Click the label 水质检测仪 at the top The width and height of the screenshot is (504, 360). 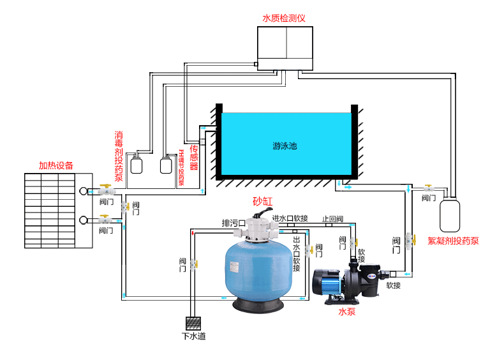coord(284,18)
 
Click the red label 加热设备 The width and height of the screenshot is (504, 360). coord(56,165)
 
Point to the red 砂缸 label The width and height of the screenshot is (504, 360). coord(262,201)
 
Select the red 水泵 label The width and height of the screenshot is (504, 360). coord(347,312)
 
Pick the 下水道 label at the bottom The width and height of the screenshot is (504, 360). coord(193,336)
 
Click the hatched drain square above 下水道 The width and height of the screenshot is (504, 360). coord(193,322)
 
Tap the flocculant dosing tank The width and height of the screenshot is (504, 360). coord(450,214)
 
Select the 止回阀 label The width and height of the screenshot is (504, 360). coord(333,219)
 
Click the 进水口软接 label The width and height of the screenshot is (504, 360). coord(291,219)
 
